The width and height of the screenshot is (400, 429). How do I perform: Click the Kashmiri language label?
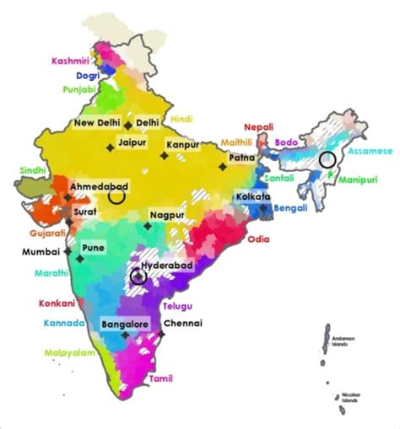(70, 61)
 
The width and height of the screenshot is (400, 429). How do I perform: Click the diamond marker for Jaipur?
(110, 149)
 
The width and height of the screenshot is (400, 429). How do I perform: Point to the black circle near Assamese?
(327, 158)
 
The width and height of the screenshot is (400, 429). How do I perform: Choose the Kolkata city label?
(254, 196)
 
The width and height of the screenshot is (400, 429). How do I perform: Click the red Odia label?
(258, 239)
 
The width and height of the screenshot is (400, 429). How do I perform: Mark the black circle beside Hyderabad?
(138, 275)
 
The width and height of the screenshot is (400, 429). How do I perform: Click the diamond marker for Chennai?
(163, 335)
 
